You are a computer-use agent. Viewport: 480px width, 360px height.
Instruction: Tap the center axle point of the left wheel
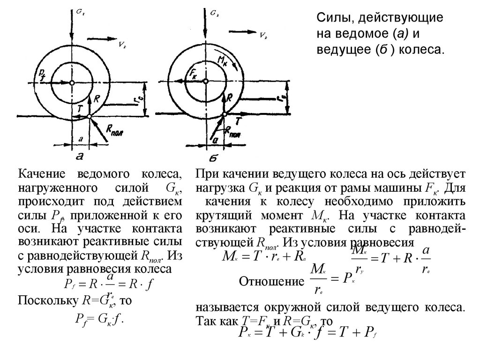pyautogui.click(x=72, y=82)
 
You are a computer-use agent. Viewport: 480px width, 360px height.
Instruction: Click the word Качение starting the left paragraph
pyautogui.click(x=43, y=175)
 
